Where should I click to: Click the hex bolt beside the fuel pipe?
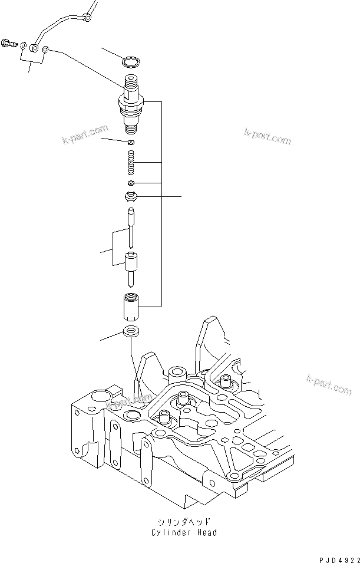tap(9, 42)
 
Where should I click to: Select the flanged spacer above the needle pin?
tap(132, 196)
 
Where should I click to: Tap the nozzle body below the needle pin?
tap(132, 267)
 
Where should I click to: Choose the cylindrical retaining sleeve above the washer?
tap(133, 307)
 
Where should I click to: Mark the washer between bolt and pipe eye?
tap(22, 45)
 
